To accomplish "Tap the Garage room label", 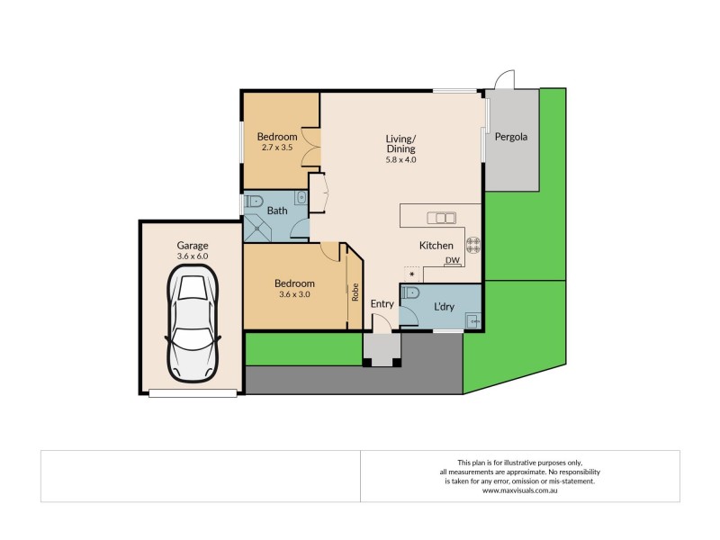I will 192,245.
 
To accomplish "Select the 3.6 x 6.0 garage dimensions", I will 192,256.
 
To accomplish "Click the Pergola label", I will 510,139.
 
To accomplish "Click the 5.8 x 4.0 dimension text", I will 400,160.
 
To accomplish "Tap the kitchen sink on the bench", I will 440,217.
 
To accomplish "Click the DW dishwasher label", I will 452,261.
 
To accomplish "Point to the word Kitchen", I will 436,246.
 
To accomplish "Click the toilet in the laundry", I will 410,292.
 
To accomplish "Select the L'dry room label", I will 444,307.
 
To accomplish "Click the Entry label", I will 382,304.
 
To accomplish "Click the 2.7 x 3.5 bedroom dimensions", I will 278,147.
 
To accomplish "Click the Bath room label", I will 277,211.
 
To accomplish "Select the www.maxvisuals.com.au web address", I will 519,490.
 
